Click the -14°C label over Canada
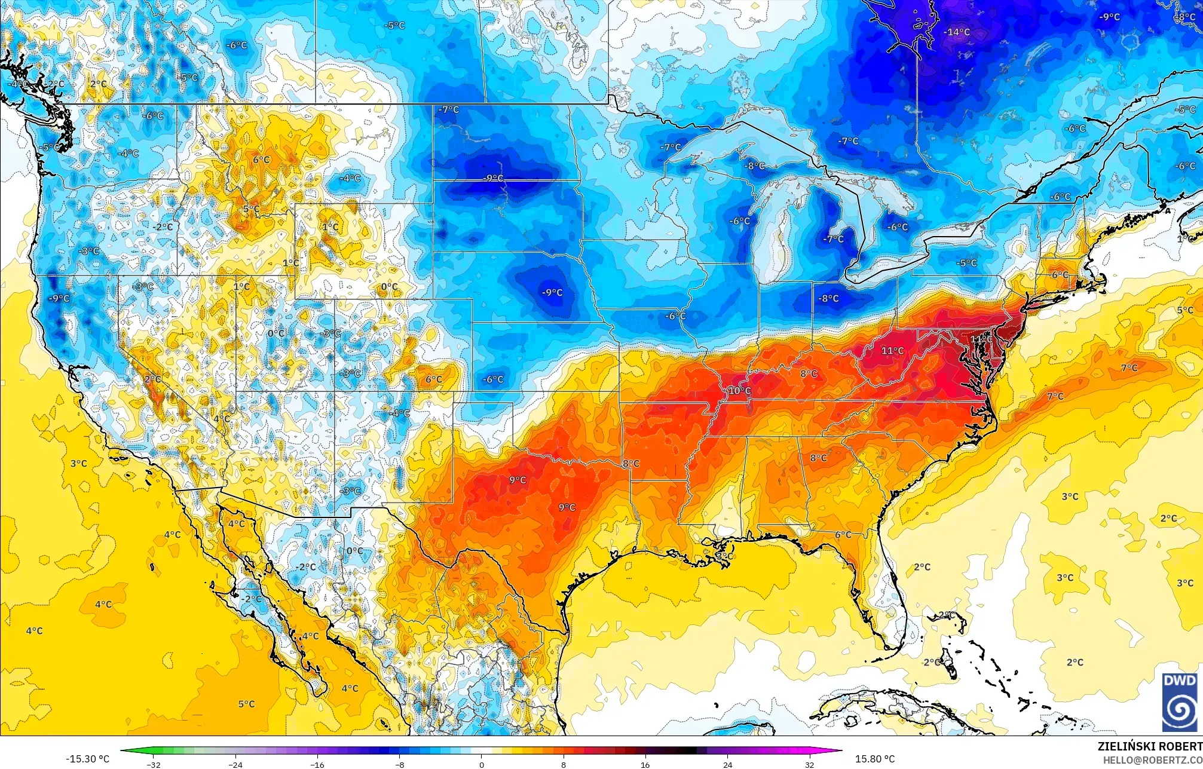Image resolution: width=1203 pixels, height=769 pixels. pos(957,32)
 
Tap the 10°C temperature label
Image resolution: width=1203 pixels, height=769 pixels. pos(739,391)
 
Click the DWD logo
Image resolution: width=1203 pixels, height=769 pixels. pos(1179,701)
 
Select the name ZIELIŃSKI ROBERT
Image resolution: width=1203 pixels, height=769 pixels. pos(1149,746)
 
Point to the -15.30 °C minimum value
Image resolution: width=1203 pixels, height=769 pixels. pos(87,759)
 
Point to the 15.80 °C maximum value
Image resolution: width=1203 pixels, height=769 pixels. pos(874,759)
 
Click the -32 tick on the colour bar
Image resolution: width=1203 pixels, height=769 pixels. pos(154,764)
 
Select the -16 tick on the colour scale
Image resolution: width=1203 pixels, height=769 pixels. pos(318,764)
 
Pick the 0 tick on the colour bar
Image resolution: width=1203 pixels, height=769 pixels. pos(482,764)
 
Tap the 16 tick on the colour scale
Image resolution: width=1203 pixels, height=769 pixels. pos(645,764)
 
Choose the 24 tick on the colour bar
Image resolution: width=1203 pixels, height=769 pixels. pos(727,764)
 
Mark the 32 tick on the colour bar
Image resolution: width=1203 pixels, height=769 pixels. pos(809,764)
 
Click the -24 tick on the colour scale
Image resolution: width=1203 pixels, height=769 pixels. pos(236,764)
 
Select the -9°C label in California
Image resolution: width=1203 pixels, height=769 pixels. pos(59,298)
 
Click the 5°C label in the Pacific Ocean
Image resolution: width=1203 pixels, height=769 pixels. pos(246,704)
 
